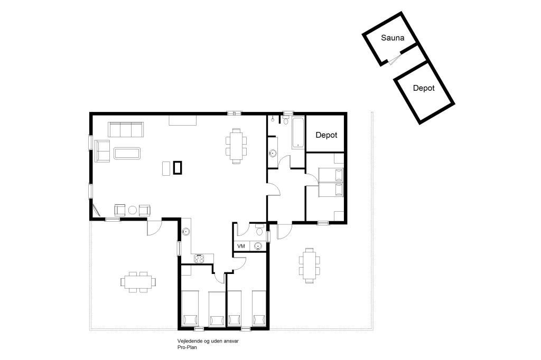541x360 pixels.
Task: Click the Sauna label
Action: click(393, 37)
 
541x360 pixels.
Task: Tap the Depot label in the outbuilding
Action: click(424, 88)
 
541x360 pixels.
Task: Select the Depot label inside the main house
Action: click(327, 135)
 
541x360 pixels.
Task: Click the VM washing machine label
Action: click(241, 246)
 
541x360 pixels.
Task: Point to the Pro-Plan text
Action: click(187, 347)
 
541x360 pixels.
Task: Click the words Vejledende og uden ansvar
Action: click(208, 341)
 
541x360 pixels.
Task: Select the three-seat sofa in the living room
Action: click(126, 129)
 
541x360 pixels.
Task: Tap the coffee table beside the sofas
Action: click(127, 154)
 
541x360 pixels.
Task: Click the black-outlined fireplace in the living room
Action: click(178, 168)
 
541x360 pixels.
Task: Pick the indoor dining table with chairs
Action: click(236, 146)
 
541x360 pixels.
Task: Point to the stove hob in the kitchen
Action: click(199, 258)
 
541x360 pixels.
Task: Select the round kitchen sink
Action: click(186, 231)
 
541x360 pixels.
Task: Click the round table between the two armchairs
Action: click(133, 210)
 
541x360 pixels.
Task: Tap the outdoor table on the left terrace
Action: click(138, 282)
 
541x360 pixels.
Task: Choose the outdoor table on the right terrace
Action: click(310, 266)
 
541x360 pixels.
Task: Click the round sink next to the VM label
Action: click(258, 246)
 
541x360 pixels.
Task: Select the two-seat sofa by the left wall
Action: click(102, 150)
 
